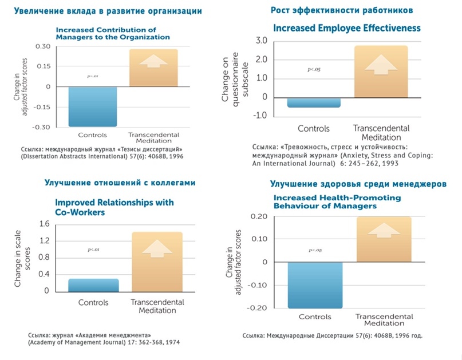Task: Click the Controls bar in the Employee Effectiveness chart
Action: click(x=314, y=102)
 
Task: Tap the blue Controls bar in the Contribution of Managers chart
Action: click(x=93, y=106)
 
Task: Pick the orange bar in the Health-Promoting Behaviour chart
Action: click(x=385, y=239)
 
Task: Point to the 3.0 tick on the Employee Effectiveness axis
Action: click(x=262, y=40)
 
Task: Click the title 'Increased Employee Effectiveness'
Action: click(x=346, y=27)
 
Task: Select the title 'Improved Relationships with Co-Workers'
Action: click(x=114, y=207)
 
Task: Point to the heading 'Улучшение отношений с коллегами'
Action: click(x=120, y=183)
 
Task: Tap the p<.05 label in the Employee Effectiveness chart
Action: click(x=314, y=70)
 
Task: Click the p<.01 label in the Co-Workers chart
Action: click(x=94, y=250)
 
